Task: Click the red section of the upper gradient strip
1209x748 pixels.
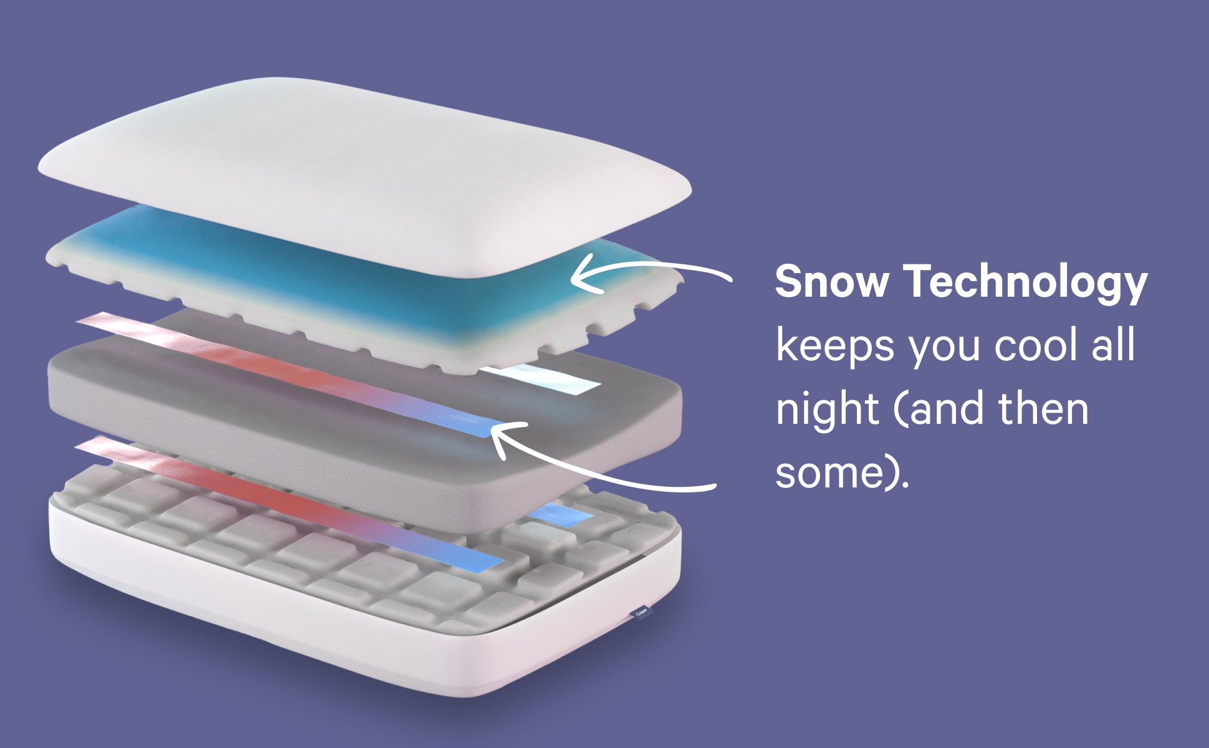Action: click(x=249, y=362)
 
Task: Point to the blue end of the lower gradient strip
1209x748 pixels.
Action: click(x=474, y=558)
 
